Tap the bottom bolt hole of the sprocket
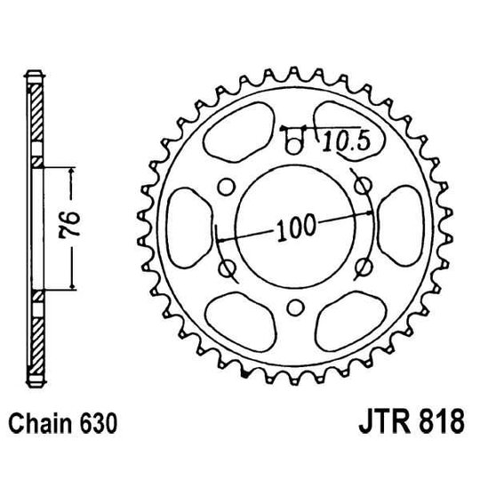(293, 308)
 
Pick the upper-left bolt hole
(225, 184)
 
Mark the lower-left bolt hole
(224, 267)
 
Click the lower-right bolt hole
(363, 267)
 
